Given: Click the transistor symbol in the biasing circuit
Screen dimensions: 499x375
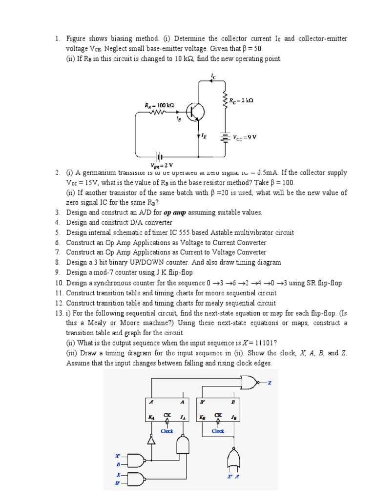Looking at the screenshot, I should [197, 112].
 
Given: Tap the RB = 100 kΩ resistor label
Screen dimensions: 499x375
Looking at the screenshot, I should [159, 105].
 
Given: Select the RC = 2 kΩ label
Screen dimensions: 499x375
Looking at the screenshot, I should [241, 100].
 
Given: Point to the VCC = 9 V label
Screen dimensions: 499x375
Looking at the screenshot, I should [244, 137].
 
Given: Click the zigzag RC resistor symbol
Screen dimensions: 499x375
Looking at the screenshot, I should [225, 101].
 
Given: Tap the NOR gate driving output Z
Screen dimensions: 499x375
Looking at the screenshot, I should [250, 383].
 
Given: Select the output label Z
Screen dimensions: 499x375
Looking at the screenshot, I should [269, 383].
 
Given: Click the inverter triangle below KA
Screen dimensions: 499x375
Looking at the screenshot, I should [151, 440].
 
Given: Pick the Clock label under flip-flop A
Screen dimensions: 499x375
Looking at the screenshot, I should [167, 431].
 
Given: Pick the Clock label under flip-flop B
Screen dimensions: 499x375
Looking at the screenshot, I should [218, 431].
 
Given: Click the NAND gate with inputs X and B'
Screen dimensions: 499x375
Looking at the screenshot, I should [138, 479].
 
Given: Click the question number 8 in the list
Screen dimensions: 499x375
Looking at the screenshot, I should [57, 262].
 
